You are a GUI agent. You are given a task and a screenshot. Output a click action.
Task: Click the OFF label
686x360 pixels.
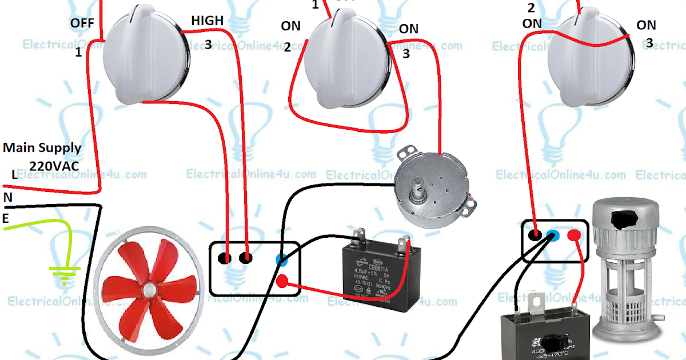pyautogui.click(x=82, y=23)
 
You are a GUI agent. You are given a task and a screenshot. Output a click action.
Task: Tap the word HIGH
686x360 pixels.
pyautogui.click(x=208, y=21)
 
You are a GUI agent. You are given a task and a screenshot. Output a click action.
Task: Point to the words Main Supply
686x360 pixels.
pyautogui.click(x=42, y=148)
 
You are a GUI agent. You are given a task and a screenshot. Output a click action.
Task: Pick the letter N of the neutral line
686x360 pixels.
pyautogui.click(x=7, y=197)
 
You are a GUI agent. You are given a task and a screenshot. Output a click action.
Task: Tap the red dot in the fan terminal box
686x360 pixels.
pyautogui.click(x=282, y=281)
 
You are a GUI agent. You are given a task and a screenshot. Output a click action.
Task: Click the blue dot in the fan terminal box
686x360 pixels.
pyautogui.click(x=280, y=259)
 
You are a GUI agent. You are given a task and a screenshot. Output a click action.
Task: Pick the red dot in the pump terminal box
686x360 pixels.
pyautogui.click(x=573, y=235)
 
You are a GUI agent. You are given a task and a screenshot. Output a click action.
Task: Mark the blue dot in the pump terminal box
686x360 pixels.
pyautogui.click(x=553, y=235)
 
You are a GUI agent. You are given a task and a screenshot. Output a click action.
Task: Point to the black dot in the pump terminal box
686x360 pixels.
pyautogui.click(x=535, y=235)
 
